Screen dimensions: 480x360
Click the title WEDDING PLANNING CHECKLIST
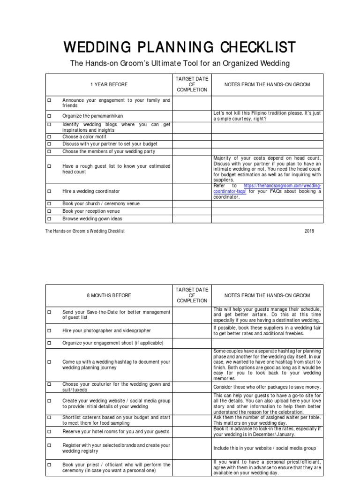pyautogui.click(x=180, y=47)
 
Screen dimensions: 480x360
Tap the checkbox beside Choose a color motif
pyautogui.click(x=48, y=137)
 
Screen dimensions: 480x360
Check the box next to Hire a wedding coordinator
pyautogui.click(x=48, y=191)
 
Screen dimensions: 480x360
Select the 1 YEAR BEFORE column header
pyautogui.click(x=109, y=84)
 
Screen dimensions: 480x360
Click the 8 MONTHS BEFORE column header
pyautogui.click(x=109, y=296)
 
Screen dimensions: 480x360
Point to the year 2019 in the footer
pyautogui.click(x=309, y=231)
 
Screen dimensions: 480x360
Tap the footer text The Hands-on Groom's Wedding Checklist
pyautogui.click(x=85, y=231)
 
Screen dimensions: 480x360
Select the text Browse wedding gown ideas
pyautogui.click(x=92, y=218)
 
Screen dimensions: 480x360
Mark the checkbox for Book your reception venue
pyautogui.click(x=48, y=211)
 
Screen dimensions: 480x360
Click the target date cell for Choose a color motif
pyautogui.click(x=192, y=137)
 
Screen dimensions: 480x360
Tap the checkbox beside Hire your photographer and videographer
pyautogui.click(x=48, y=330)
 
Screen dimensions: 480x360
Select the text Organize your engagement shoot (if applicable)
pyautogui.click(x=113, y=343)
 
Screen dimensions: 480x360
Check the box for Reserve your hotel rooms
pyautogui.click(x=48, y=431)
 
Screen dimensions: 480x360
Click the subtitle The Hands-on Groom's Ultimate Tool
pyautogui.click(x=180, y=63)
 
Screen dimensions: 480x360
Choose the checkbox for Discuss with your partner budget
pyautogui.click(x=48, y=144)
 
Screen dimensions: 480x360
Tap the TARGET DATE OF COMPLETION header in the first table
pyautogui.click(x=192, y=84)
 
